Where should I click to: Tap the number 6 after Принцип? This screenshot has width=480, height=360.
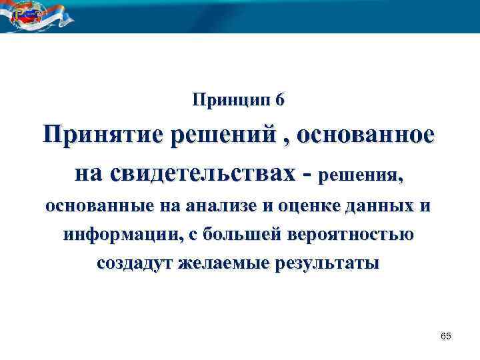(280, 100)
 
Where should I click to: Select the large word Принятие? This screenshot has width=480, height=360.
(103, 135)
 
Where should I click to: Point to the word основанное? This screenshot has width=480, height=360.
(368, 135)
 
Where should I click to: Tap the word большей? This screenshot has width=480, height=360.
(248, 235)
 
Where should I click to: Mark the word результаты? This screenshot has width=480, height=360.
(328, 263)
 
